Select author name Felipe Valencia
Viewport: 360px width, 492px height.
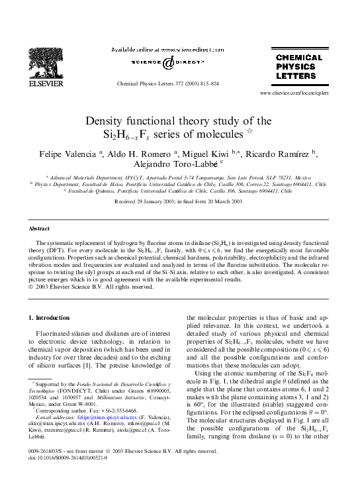(68, 154)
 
